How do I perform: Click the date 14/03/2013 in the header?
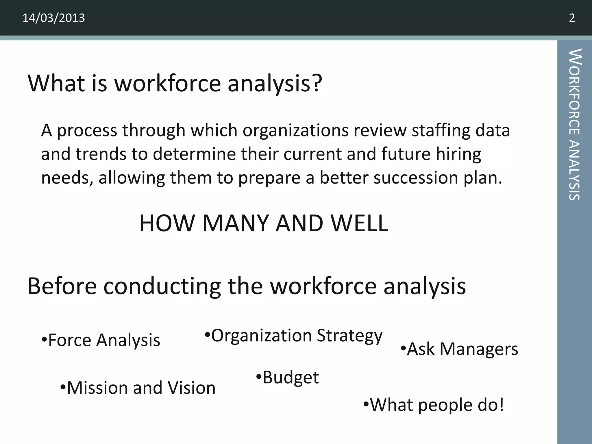53,18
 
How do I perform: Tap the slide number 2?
572,18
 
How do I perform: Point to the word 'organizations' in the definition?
295,130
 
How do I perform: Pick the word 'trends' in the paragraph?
101,154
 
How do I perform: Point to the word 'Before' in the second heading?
62,286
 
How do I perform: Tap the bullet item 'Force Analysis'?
101,340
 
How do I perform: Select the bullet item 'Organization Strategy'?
293,336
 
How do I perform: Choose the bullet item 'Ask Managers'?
459,349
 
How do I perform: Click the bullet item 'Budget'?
288,377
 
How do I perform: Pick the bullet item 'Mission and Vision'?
138,388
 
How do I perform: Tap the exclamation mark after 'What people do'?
501,405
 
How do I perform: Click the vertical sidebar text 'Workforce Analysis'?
574,124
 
